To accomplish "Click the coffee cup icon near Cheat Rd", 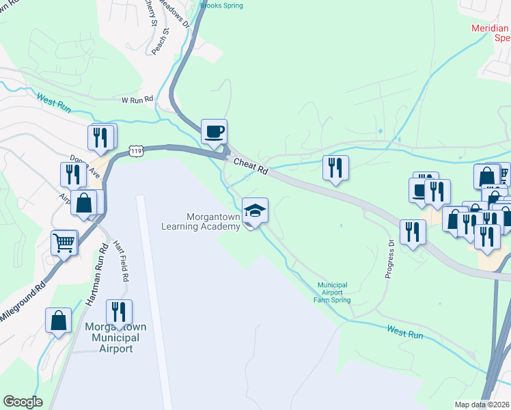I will (214, 131).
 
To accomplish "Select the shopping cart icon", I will (64, 242).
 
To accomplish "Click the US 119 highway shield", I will (136, 150).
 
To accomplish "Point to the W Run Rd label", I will (136, 100).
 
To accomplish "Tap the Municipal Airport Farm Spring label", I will (332, 292).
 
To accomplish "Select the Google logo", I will (22, 402).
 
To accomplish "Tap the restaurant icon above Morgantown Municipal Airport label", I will (119, 312).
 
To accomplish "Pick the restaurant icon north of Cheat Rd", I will (335, 167).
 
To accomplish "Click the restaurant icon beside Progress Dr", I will (413, 232).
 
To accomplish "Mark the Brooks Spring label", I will (221, 5).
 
